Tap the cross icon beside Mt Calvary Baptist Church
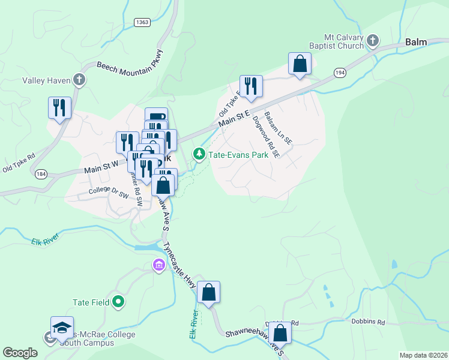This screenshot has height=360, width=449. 372,41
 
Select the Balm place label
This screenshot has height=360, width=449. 415,42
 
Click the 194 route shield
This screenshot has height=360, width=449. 340,73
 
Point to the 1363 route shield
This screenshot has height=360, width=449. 142,22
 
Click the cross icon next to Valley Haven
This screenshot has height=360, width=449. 79,80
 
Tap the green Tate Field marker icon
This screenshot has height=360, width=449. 118,302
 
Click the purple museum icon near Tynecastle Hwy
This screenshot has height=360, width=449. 159,265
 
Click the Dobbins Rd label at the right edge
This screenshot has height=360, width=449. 368,322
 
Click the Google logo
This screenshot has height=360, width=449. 20,353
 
